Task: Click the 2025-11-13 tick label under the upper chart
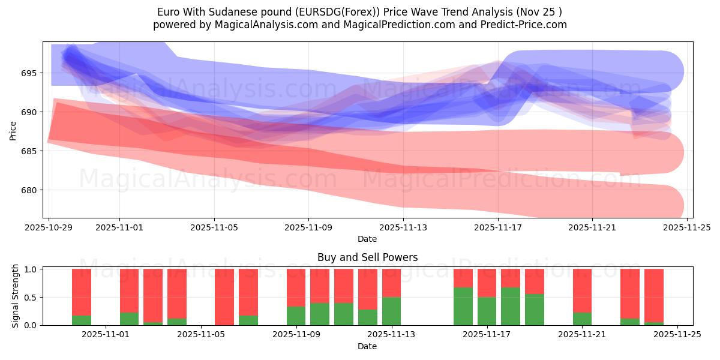(403, 228)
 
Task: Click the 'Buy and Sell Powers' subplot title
(367, 257)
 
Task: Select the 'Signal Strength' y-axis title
(16, 296)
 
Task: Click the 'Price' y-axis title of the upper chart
(13, 130)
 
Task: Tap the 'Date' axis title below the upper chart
(367, 239)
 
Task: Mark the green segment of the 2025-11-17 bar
(511, 306)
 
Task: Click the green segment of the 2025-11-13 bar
(391, 311)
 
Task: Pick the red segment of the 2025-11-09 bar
(296, 287)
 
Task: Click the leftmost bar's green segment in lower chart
(82, 320)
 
